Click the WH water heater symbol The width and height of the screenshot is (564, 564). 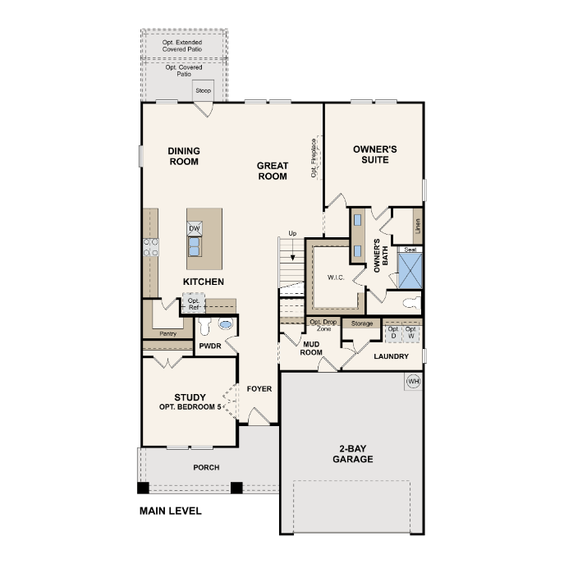(413, 381)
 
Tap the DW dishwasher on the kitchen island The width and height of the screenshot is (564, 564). (195, 228)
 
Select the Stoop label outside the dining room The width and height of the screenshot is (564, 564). (204, 90)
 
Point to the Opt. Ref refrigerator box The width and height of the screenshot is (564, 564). (194, 304)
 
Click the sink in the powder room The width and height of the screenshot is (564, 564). (226, 324)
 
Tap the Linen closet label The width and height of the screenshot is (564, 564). (418, 227)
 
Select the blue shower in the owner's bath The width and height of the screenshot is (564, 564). (410, 270)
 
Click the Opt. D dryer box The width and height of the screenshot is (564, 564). (393, 333)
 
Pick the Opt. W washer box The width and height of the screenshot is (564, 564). (410, 333)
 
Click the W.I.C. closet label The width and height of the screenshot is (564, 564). (336, 277)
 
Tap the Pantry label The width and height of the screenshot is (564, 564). (168, 334)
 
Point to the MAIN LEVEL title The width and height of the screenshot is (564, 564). (171, 511)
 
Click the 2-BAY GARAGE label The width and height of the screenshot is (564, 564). (352, 454)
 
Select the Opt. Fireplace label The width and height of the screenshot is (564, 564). (314, 158)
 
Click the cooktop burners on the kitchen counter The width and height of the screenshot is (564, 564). (151, 247)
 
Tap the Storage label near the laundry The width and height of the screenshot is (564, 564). (362, 323)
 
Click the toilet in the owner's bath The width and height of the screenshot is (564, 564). (412, 302)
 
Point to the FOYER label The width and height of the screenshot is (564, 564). (259, 389)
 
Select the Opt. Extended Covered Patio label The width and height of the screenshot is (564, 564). (182, 46)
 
